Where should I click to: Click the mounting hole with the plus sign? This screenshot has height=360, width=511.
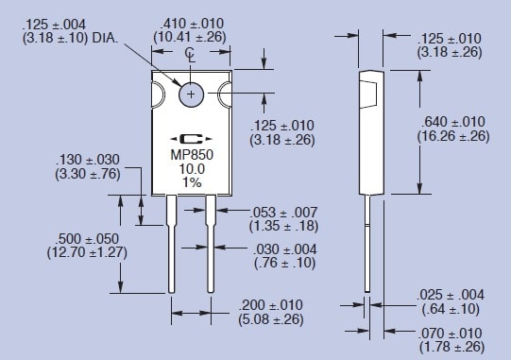(x=192, y=94)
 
